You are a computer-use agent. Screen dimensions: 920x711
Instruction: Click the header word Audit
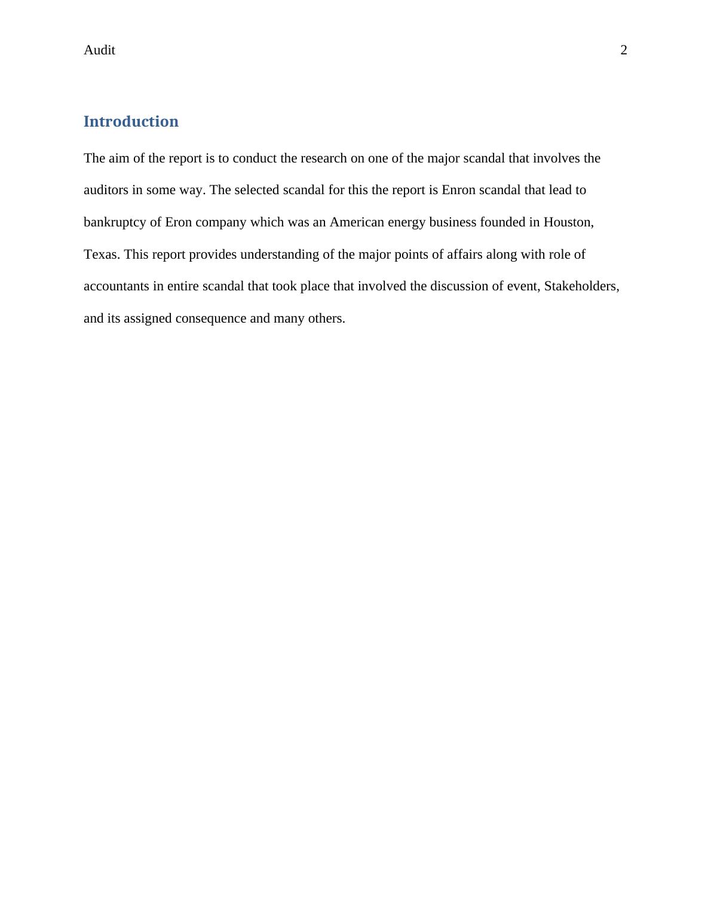[99, 50]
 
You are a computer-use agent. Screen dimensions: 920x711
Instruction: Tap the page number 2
[624, 50]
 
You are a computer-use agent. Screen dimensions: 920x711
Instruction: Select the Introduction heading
[131, 121]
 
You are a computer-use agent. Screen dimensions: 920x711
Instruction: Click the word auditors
[106, 190]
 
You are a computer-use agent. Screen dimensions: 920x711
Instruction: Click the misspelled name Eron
[177, 222]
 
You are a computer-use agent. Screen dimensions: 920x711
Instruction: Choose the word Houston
[568, 222]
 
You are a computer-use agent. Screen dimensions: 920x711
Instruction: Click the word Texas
[102, 254]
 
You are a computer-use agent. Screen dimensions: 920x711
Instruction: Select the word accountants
[116, 286]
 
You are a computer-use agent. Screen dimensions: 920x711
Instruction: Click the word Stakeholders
[581, 286]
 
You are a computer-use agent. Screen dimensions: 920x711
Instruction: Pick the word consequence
[210, 318]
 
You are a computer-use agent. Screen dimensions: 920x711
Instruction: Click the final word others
[326, 318]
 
